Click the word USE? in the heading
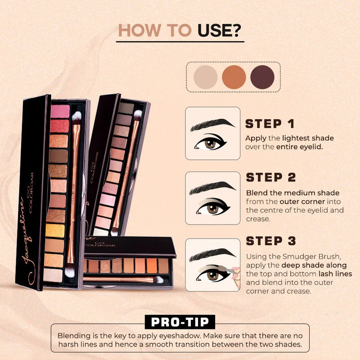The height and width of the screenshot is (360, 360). [x=219, y=30]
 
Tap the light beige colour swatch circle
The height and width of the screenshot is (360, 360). [x=205, y=77]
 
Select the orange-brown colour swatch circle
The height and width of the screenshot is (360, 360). [x=234, y=77]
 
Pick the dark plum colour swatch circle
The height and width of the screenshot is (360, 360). [x=262, y=77]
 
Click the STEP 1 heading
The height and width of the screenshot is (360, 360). [x=270, y=124]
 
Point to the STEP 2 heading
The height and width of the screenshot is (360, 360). [x=271, y=177]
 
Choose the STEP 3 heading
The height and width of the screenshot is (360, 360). [x=271, y=241]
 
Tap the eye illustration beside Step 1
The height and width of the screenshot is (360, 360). [x=210, y=142]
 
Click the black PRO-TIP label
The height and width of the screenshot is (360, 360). [x=180, y=322]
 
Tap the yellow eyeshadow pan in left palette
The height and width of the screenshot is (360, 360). [x=55, y=230]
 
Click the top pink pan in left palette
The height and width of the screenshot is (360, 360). [x=60, y=111]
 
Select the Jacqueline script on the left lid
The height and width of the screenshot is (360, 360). [x=27, y=241]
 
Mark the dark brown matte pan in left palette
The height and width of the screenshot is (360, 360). [x=58, y=156]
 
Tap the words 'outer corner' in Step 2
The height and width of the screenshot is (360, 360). [x=302, y=202]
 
